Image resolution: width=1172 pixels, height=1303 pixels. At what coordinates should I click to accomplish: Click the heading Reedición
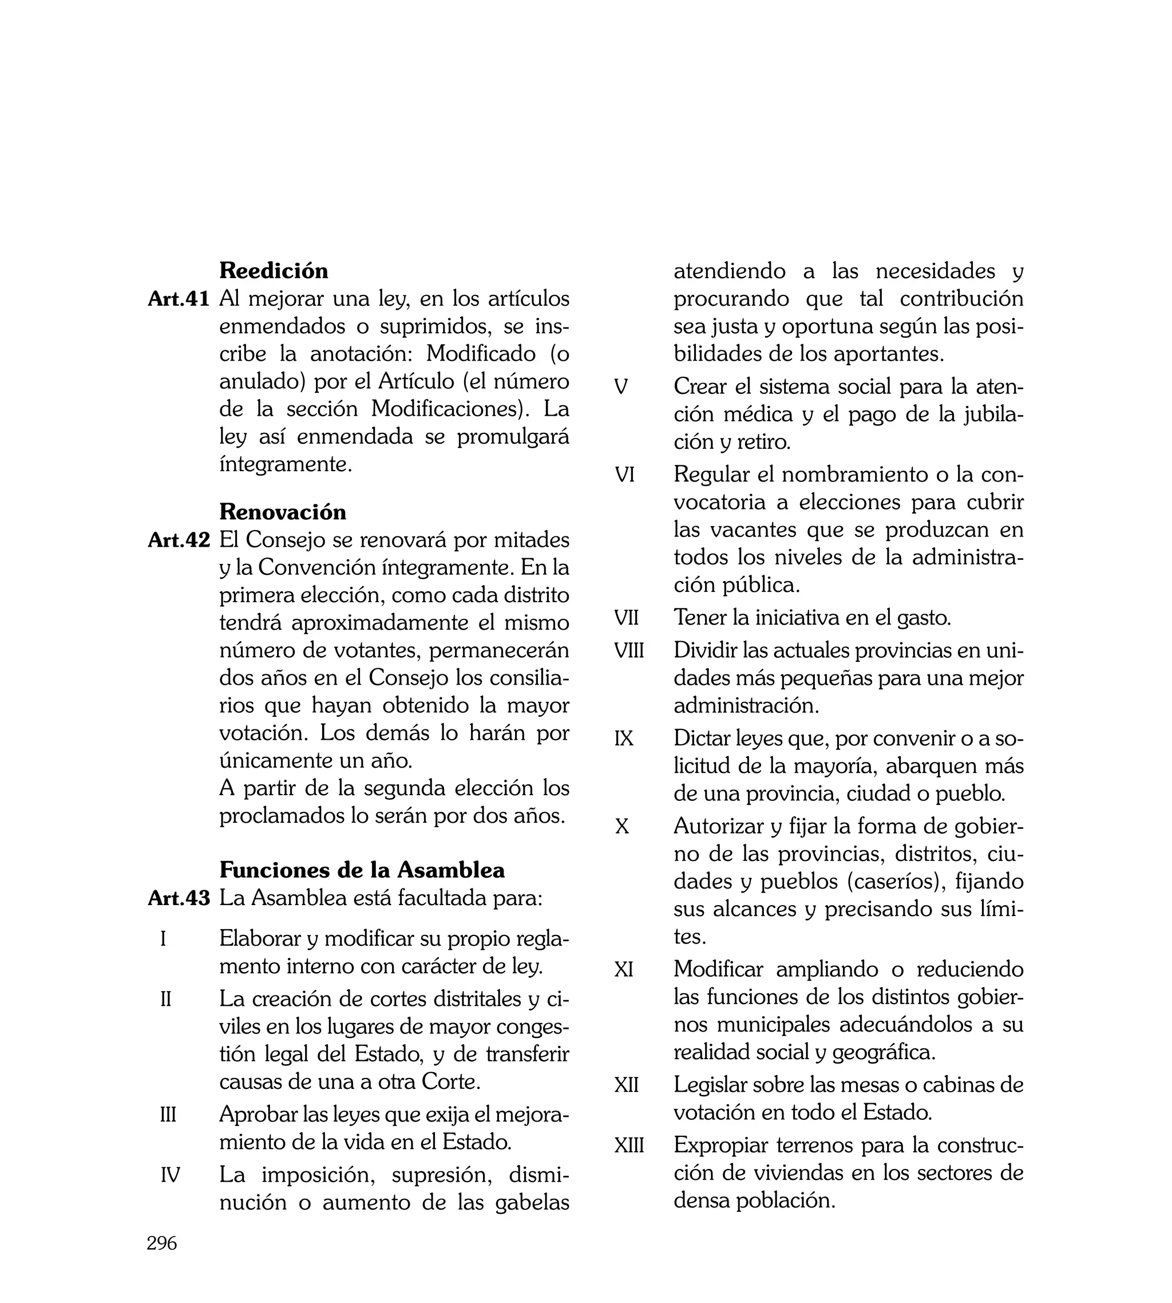(x=274, y=271)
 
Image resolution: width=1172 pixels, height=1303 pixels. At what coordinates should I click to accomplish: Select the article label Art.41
(x=179, y=299)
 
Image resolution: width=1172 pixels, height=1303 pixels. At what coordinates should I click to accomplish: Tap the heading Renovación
(x=283, y=511)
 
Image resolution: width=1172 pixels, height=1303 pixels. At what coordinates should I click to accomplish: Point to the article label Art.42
(x=179, y=540)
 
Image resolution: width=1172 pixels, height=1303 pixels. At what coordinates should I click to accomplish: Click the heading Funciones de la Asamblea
(x=362, y=870)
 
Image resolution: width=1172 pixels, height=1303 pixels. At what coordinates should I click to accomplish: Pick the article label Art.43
(x=179, y=898)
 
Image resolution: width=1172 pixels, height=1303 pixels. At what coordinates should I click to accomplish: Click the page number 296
(x=161, y=1243)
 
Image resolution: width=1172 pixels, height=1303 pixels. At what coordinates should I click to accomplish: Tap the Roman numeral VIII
(x=629, y=650)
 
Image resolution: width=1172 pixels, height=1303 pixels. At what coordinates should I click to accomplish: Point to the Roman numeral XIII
(x=629, y=1145)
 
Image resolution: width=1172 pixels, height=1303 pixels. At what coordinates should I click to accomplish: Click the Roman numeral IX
(x=624, y=738)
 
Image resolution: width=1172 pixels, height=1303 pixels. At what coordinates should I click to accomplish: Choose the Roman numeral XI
(x=624, y=969)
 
